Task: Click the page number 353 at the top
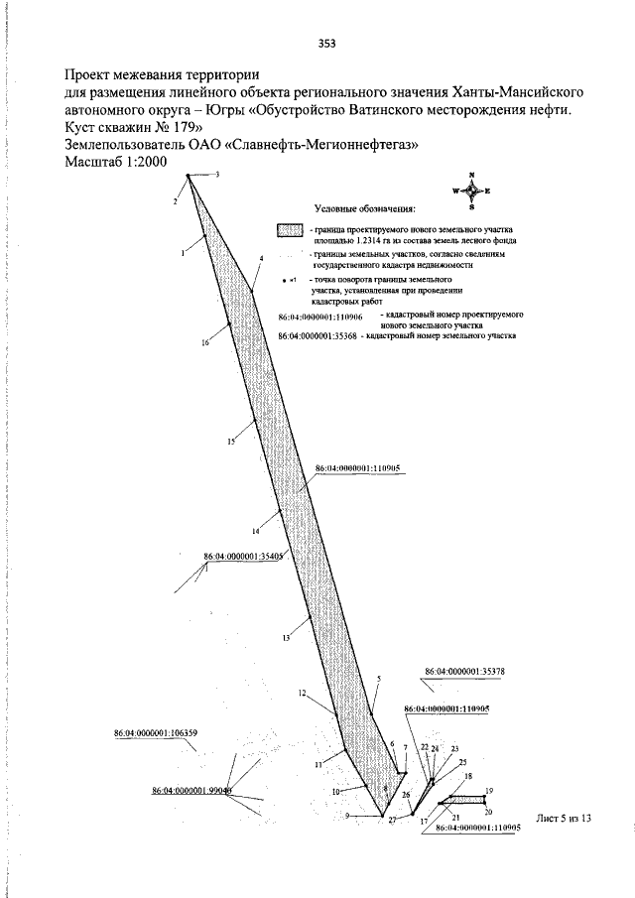pyautogui.click(x=327, y=42)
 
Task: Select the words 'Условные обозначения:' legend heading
pyautogui.click(x=364, y=208)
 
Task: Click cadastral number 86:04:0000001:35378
pyautogui.click(x=465, y=672)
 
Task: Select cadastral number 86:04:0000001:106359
pyautogui.click(x=156, y=733)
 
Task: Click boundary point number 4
pyautogui.click(x=261, y=258)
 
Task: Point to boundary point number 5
pyautogui.click(x=378, y=679)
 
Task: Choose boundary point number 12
pyautogui.click(x=302, y=694)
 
